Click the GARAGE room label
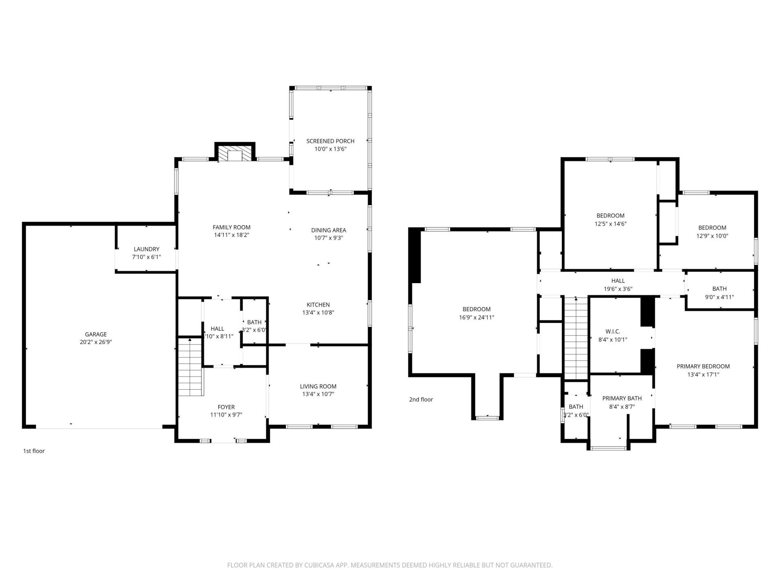(x=96, y=334)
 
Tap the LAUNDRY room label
(x=147, y=249)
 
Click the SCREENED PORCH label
(x=330, y=141)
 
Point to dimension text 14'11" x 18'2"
(x=232, y=235)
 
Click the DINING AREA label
(x=329, y=230)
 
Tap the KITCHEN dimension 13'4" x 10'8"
(x=318, y=312)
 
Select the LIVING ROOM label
(x=318, y=386)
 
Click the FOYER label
(x=226, y=407)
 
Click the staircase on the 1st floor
(x=190, y=368)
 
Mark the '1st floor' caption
(x=34, y=451)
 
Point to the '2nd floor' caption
(x=421, y=399)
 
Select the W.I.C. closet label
(x=613, y=331)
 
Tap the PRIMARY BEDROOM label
(x=703, y=366)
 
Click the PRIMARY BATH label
(x=622, y=399)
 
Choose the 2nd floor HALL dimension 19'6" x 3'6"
(x=618, y=289)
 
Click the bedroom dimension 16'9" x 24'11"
(x=477, y=317)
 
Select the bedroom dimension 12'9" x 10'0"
(x=712, y=236)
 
